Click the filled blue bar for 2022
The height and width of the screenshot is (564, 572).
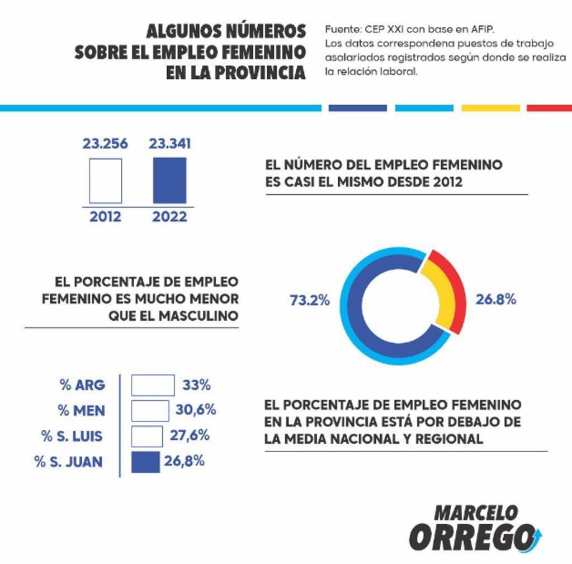point(169,181)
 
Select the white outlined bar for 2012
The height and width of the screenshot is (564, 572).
point(105,181)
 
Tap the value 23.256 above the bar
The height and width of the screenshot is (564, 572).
point(105,144)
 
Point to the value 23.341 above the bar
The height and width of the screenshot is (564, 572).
point(169,144)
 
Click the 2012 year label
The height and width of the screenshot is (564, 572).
point(105,216)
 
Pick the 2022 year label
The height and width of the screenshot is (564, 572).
point(169,216)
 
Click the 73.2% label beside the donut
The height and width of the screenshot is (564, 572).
point(309,300)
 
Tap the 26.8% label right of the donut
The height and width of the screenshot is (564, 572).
point(495,300)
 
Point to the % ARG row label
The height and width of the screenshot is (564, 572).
point(82,385)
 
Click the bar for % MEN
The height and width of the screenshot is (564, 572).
point(150,410)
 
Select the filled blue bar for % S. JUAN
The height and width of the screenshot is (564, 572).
point(145,462)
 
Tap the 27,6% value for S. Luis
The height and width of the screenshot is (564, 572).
point(190,435)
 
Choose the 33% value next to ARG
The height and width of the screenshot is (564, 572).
point(196,385)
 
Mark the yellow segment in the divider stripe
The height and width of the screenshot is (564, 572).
point(490,108)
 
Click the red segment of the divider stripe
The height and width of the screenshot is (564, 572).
point(549,108)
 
